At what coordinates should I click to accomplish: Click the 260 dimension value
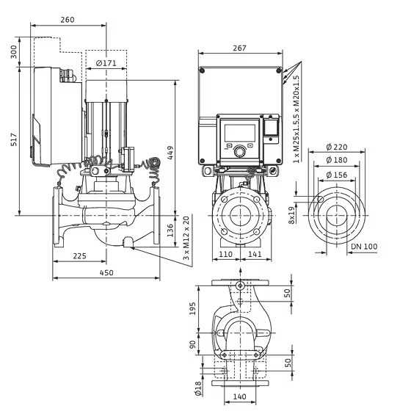(68, 20)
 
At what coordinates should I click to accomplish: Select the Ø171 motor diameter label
(106, 63)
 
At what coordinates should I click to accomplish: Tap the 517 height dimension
(14, 139)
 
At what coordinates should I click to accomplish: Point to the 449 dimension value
(170, 153)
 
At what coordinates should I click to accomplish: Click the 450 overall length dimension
(106, 273)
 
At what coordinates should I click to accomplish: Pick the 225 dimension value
(79, 256)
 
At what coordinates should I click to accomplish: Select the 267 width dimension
(239, 48)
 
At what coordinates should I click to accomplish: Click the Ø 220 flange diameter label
(337, 147)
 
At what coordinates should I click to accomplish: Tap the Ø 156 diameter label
(337, 175)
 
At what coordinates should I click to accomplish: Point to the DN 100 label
(364, 247)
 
